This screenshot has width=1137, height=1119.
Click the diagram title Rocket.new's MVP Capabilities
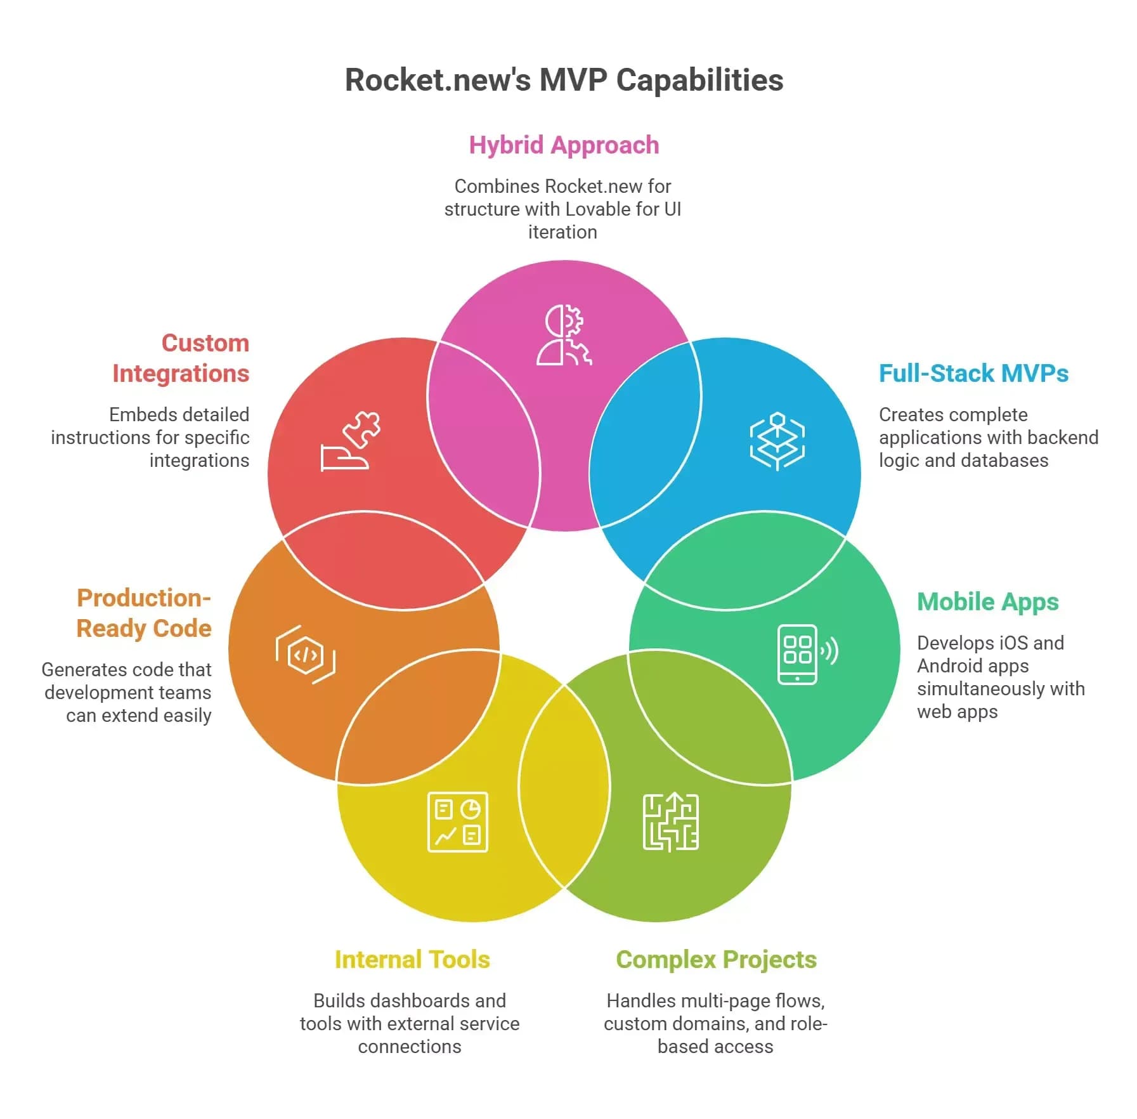pos(564,81)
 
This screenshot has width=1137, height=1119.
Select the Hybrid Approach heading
pos(564,145)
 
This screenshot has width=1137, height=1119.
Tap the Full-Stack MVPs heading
pos(973,374)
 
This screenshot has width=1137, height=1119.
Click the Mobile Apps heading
pos(987,602)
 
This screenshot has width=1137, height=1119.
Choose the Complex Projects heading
pos(716,960)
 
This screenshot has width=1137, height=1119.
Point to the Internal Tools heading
pos(412,960)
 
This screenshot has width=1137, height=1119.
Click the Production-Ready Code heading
pos(144,613)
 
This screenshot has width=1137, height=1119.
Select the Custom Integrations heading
pos(181,358)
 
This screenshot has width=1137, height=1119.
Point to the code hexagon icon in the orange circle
pos(306,654)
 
